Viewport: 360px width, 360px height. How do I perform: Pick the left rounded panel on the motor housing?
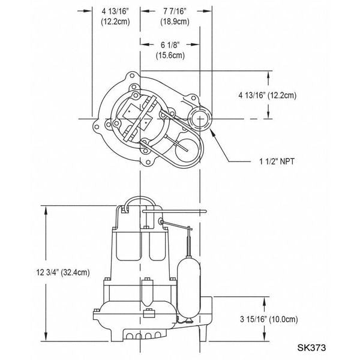click(127, 246)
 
